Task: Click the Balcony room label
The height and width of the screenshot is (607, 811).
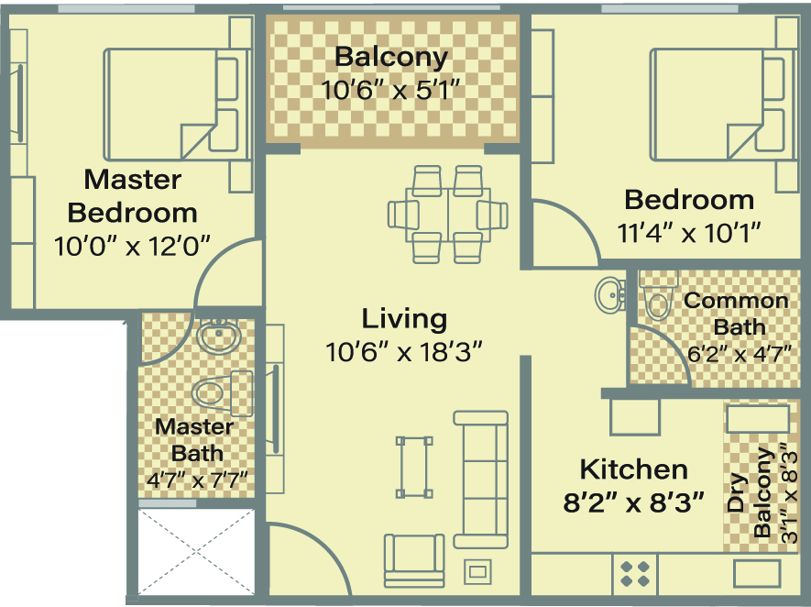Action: tap(391, 57)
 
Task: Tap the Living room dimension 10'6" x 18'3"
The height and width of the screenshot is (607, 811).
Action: tap(404, 352)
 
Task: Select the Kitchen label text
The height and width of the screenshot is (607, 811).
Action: tap(633, 469)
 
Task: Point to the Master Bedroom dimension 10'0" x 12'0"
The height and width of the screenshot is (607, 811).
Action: tap(132, 246)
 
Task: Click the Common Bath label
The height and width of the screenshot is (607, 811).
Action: tap(736, 315)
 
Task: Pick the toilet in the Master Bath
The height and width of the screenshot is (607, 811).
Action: tap(223, 393)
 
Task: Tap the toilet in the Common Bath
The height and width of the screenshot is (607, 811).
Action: tap(658, 295)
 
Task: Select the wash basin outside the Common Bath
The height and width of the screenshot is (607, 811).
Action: tap(609, 295)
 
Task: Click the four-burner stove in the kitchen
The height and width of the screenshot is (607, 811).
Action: tap(635, 574)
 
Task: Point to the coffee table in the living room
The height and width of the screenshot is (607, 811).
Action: tap(414, 468)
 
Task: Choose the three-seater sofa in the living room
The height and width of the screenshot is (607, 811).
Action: tap(480, 480)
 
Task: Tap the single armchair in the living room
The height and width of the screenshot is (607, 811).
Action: tap(414, 560)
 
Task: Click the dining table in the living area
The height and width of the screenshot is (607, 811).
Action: tap(448, 215)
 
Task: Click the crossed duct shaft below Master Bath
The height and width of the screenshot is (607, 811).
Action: tap(196, 552)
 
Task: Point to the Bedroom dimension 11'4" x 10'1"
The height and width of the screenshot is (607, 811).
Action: tap(689, 233)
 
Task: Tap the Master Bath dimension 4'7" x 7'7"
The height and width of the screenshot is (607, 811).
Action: tap(197, 480)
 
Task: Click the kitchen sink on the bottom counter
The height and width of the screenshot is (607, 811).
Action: tap(756, 574)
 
